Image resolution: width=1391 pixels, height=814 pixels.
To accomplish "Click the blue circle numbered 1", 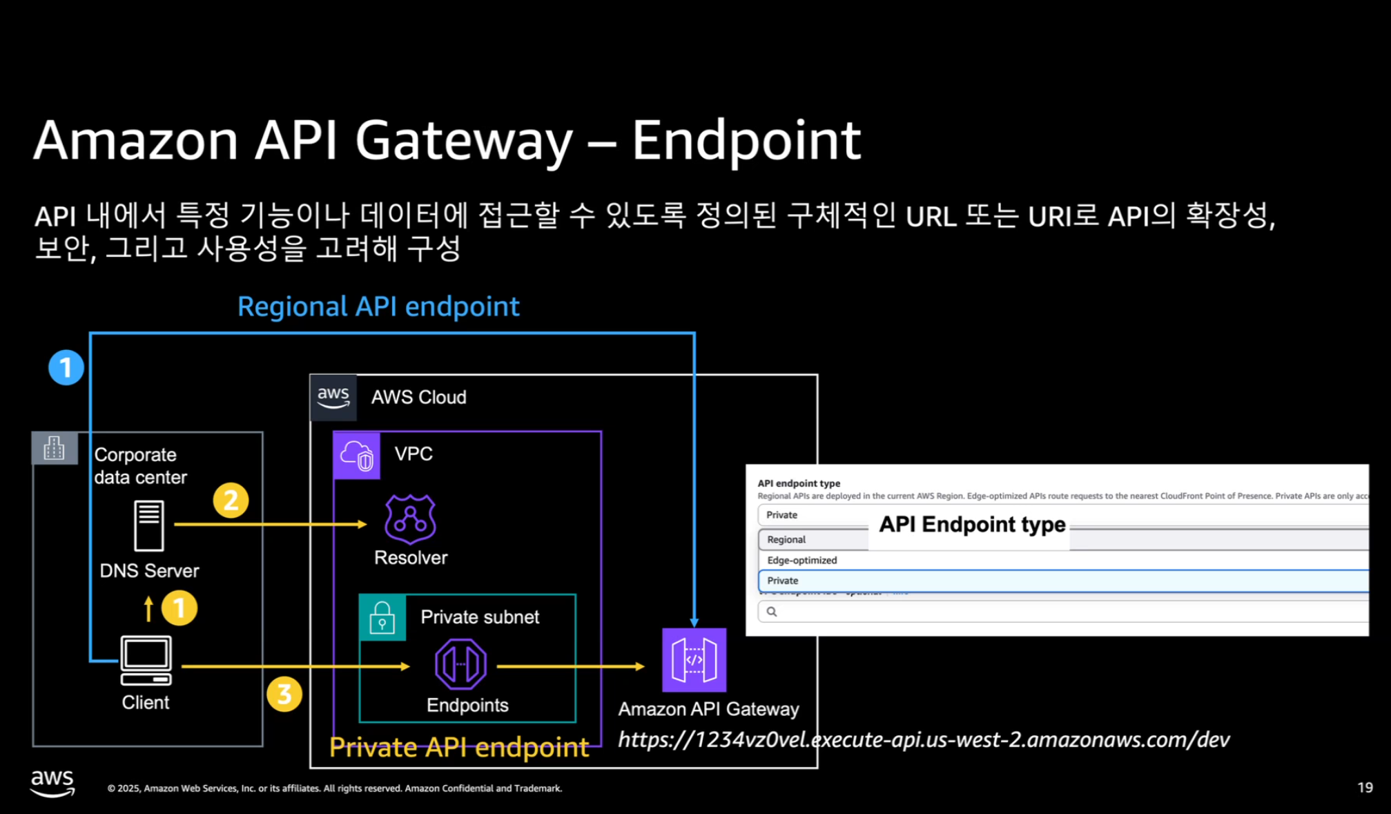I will click(x=66, y=367).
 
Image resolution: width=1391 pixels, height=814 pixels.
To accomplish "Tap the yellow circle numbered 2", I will click(x=231, y=501).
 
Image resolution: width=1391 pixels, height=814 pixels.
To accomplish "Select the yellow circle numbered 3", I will click(x=284, y=694).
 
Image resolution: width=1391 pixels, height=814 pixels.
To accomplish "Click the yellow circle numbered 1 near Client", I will click(x=179, y=608).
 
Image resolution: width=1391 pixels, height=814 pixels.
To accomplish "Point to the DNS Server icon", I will click(x=149, y=525).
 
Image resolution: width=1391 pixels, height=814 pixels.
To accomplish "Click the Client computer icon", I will click(x=146, y=660).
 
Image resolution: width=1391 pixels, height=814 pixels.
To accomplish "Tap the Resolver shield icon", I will click(x=410, y=519).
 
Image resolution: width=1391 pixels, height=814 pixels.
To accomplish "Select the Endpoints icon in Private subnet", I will click(x=460, y=664).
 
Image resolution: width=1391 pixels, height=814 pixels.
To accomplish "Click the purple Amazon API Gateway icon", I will click(x=694, y=660).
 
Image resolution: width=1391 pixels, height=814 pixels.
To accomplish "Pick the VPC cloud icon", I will click(x=357, y=456).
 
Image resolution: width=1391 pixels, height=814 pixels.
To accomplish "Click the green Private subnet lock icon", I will click(x=382, y=617).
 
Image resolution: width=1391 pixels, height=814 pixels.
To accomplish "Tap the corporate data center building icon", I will click(x=55, y=449).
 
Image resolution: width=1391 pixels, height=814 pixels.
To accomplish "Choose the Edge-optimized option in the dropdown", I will click(x=802, y=560).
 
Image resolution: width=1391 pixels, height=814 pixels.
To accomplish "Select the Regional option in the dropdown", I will click(x=787, y=539).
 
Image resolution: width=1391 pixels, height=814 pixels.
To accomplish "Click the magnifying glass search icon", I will click(x=772, y=612).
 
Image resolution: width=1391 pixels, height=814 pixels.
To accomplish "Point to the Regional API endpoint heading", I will click(x=378, y=307).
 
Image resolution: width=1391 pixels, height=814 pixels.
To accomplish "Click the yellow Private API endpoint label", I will click(x=459, y=747).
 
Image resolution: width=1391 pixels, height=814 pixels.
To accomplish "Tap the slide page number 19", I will click(x=1365, y=787).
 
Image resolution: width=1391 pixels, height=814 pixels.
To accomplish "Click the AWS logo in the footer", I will click(x=52, y=783).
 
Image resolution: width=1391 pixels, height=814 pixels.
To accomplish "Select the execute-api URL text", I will click(x=923, y=739).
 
